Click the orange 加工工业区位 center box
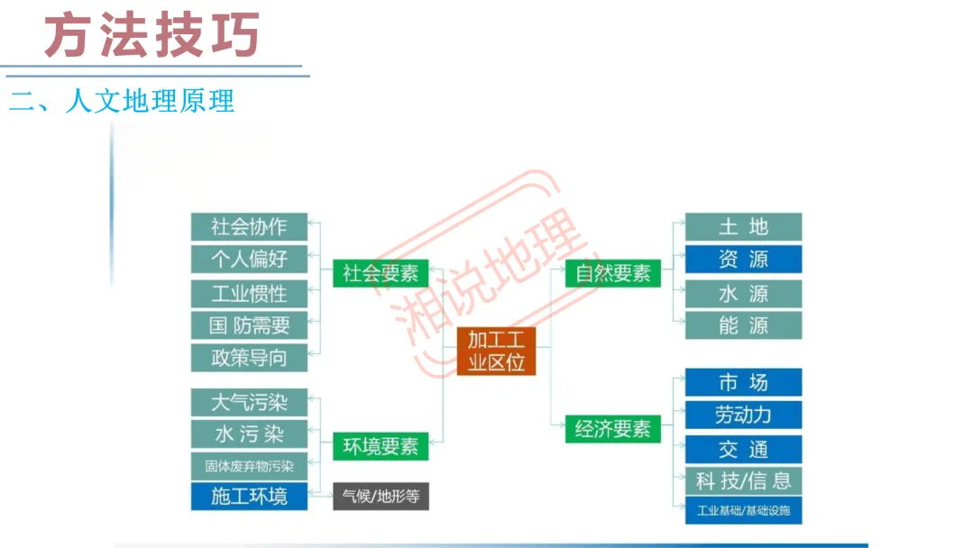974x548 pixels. tap(496, 351)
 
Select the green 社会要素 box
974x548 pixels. tap(381, 273)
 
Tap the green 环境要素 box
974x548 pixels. tap(381, 445)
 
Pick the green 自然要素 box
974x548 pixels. tap(613, 273)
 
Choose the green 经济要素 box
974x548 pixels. tap(613, 429)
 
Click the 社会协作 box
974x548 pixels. tap(249, 226)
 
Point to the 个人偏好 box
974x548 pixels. tap(249, 259)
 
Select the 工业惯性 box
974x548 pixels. tap(249, 294)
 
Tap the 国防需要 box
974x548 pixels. tap(249, 325)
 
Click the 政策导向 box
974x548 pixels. tap(249, 358)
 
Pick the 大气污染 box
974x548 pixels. tap(249, 402)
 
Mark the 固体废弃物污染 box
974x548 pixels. tap(249, 466)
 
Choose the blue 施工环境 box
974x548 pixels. tap(249, 496)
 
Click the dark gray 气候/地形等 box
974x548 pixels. tap(381, 496)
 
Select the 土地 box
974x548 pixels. tap(743, 226)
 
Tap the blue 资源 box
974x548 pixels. tap(743, 260)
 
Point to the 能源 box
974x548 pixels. tap(743, 325)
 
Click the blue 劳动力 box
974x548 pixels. tap(743, 415)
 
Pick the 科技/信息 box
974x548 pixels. tap(743, 480)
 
